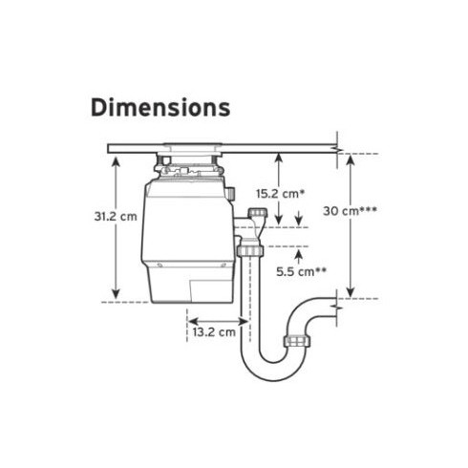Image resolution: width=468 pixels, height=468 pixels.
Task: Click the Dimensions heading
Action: coord(160,107)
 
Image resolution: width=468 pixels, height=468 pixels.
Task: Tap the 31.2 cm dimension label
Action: coord(116,217)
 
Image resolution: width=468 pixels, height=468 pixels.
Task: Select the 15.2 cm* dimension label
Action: coord(281,193)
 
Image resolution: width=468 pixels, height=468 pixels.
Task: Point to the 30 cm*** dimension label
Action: coord(350,210)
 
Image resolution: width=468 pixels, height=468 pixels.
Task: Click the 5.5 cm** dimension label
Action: coord(301,271)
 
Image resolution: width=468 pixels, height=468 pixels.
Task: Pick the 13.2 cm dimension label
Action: coord(214,332)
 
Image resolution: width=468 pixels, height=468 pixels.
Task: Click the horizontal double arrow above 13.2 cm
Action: coord(217,321)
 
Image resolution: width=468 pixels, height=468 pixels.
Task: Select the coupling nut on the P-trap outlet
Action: coord(297,341)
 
